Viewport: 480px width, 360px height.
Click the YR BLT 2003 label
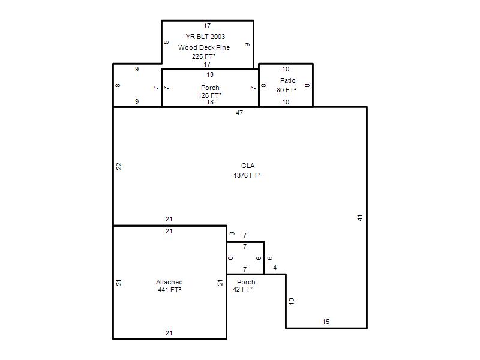(x=205, y=37)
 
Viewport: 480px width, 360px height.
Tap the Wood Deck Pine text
(x=204, y=47)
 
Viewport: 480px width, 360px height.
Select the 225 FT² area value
(x=203, y=56)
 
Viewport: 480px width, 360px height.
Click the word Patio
(x=288, y=80)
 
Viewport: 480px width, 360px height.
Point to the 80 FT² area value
(x=287, y=90)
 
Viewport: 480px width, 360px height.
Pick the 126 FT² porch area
(x=209, y=95)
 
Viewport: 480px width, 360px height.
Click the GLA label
(x=248, y=166)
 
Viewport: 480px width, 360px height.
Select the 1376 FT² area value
(x=247, y=175)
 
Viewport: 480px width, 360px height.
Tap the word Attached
(x=169, y=282)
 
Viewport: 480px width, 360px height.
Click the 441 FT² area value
(x=170, y=290)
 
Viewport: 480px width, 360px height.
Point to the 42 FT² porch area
(x=243, y=289)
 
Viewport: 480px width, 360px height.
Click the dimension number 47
(x=239, y=113)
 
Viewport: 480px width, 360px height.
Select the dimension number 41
(x=360, y=218)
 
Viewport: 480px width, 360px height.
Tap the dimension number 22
(x=119, y=166)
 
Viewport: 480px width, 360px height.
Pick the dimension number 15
(x=326, y=322)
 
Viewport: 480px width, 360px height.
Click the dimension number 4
(x=275, y=268)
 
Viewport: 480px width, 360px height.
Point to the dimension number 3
(x=232, y=233)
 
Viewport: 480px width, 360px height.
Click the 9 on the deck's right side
(x=247, y=44)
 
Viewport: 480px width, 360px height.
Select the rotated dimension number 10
(x=292, y=301)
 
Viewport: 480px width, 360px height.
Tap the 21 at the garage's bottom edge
(x=169, y=333)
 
